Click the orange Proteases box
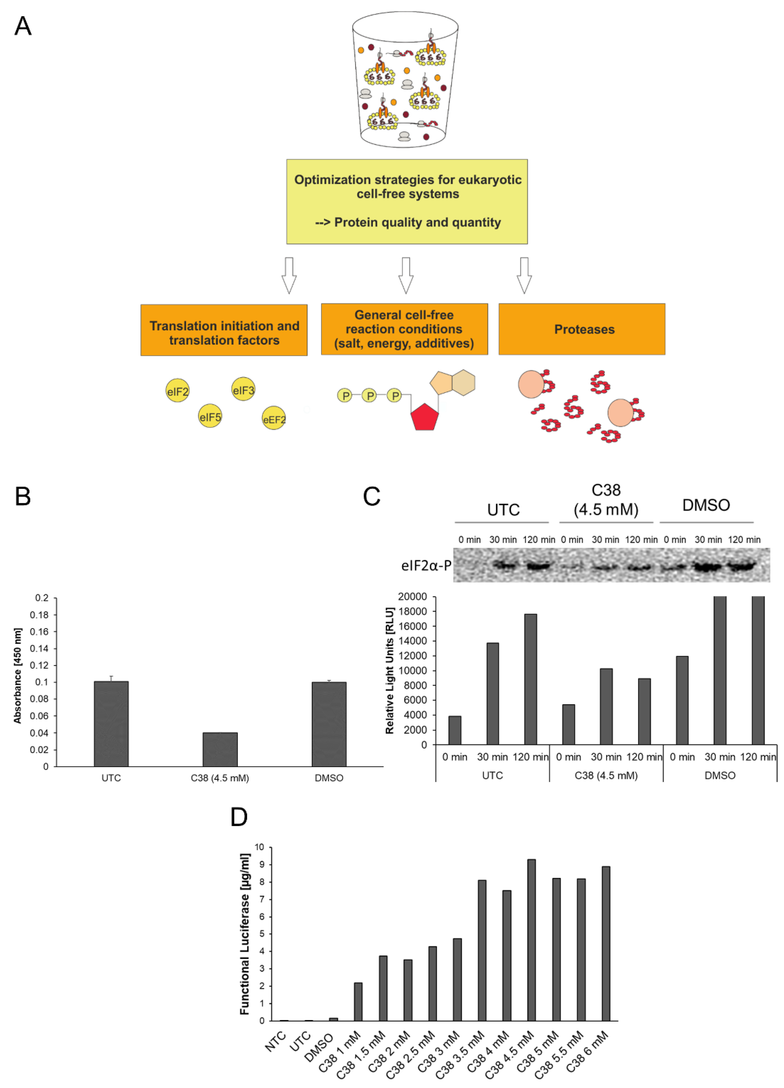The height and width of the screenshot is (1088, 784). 582,329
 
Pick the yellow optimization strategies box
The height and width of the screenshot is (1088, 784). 407,202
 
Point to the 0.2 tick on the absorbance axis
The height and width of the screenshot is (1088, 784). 42,598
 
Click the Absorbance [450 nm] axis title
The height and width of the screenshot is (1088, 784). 18,676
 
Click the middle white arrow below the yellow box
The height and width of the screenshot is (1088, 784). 406,275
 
